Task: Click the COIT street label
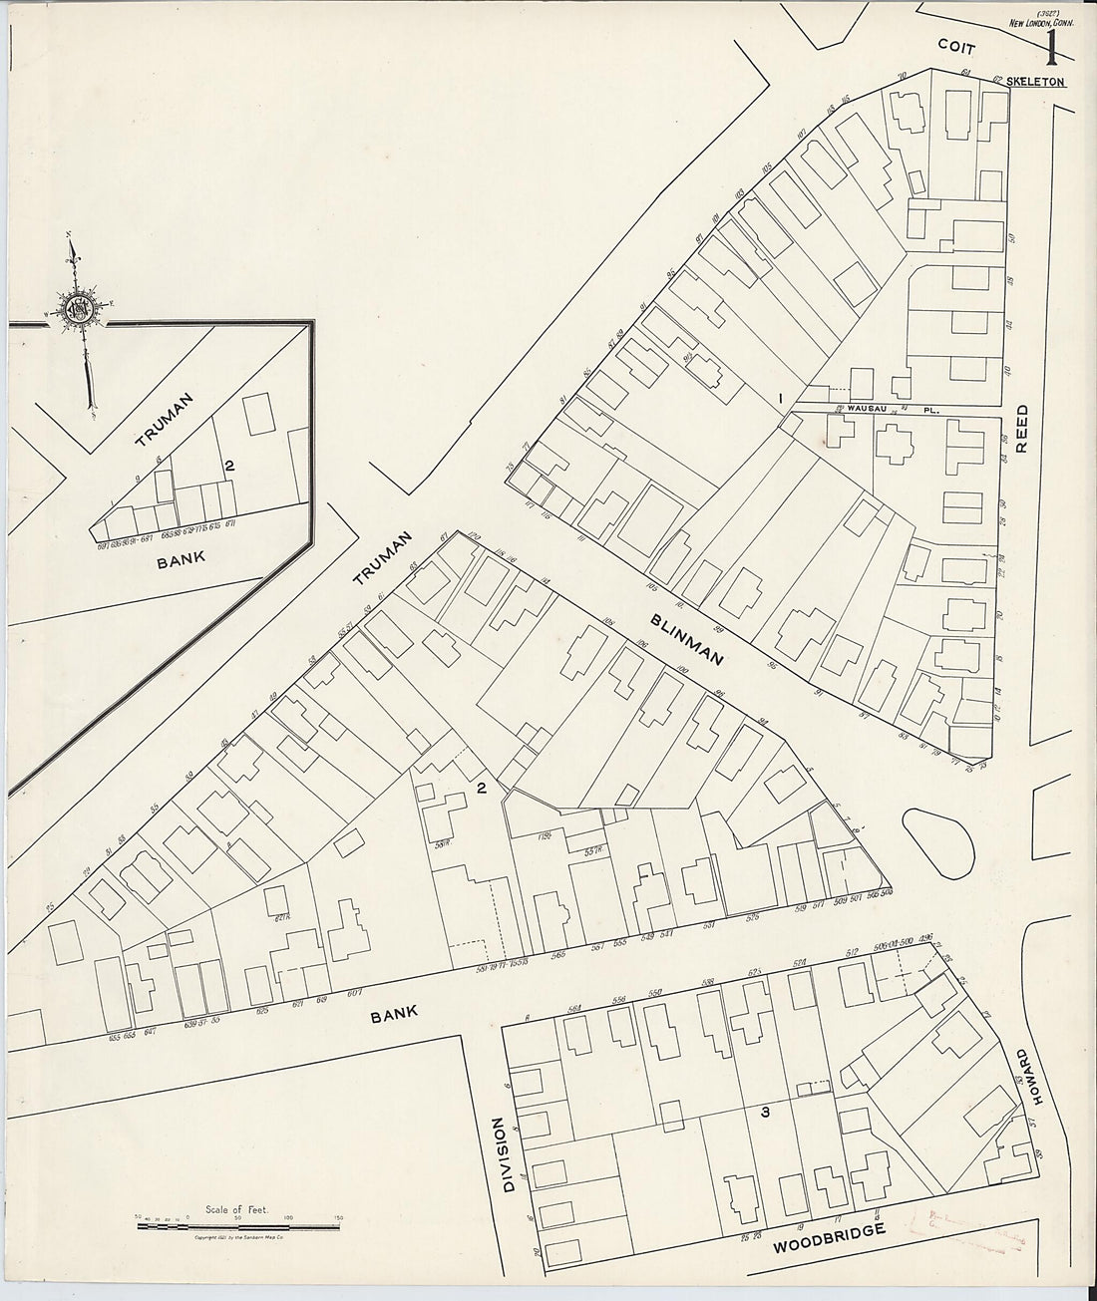(962, 45)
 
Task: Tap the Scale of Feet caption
(231, 1206)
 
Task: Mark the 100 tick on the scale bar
(289, 1217)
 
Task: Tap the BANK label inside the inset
(182, 558)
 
